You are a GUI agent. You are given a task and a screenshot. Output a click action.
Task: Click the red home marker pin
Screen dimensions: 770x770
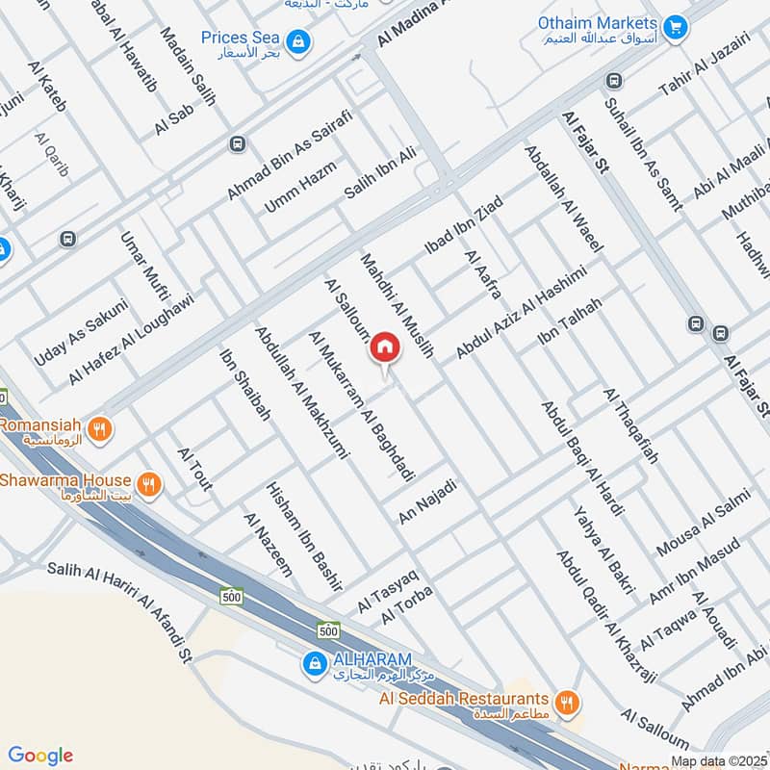coord(385,347)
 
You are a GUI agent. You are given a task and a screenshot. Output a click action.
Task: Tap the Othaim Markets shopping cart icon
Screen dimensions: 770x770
coord(675,26)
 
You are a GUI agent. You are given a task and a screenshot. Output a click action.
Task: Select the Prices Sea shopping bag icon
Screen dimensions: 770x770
coord(300,40)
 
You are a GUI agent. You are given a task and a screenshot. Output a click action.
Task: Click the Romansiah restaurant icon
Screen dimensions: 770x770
coord(98,426)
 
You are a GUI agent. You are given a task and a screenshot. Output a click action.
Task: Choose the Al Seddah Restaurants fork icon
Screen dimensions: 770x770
coord(568,702)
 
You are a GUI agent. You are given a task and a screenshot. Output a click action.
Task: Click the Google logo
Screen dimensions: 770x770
coord(39,756)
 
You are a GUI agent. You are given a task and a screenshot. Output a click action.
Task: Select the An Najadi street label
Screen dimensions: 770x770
coord(426,501)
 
